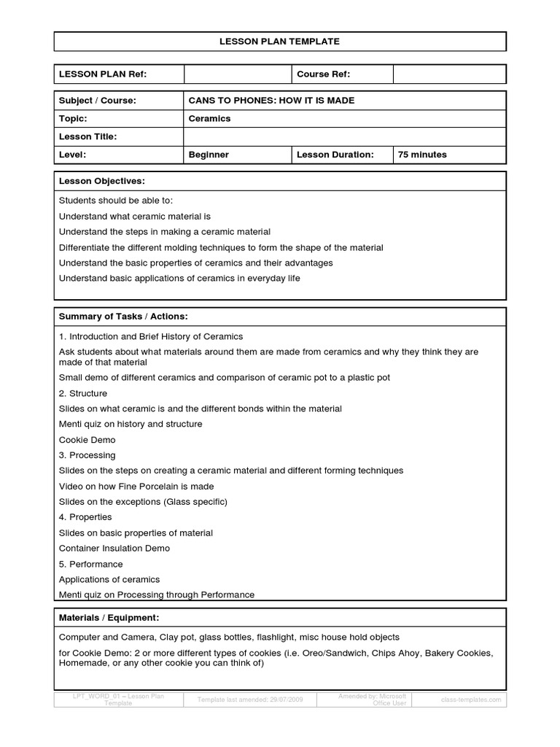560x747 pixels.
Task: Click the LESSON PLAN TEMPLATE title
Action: (279, 42)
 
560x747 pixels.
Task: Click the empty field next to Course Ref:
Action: (449, 74)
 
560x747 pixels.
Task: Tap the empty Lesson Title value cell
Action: (344, 136)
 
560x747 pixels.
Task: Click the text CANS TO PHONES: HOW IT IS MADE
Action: (271, 100)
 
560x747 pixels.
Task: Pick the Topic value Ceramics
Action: (210, 118)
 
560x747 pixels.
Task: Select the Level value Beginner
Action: (209, 155)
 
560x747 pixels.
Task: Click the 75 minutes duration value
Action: (422, 155)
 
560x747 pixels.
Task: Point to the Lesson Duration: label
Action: (335, 155)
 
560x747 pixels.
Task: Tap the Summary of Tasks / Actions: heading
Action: (123, 316)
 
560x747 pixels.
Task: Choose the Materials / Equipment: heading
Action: (109, 618)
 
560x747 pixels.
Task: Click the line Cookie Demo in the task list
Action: (87, 440)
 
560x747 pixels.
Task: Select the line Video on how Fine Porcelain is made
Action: (136, 486)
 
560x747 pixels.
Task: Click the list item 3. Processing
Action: (87, 455)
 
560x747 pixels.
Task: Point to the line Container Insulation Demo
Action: (114, 548)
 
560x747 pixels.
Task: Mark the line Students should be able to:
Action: (115, 200)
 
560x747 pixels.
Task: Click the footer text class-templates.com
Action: (471, 700)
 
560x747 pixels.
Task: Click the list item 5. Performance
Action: (90, 564)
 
